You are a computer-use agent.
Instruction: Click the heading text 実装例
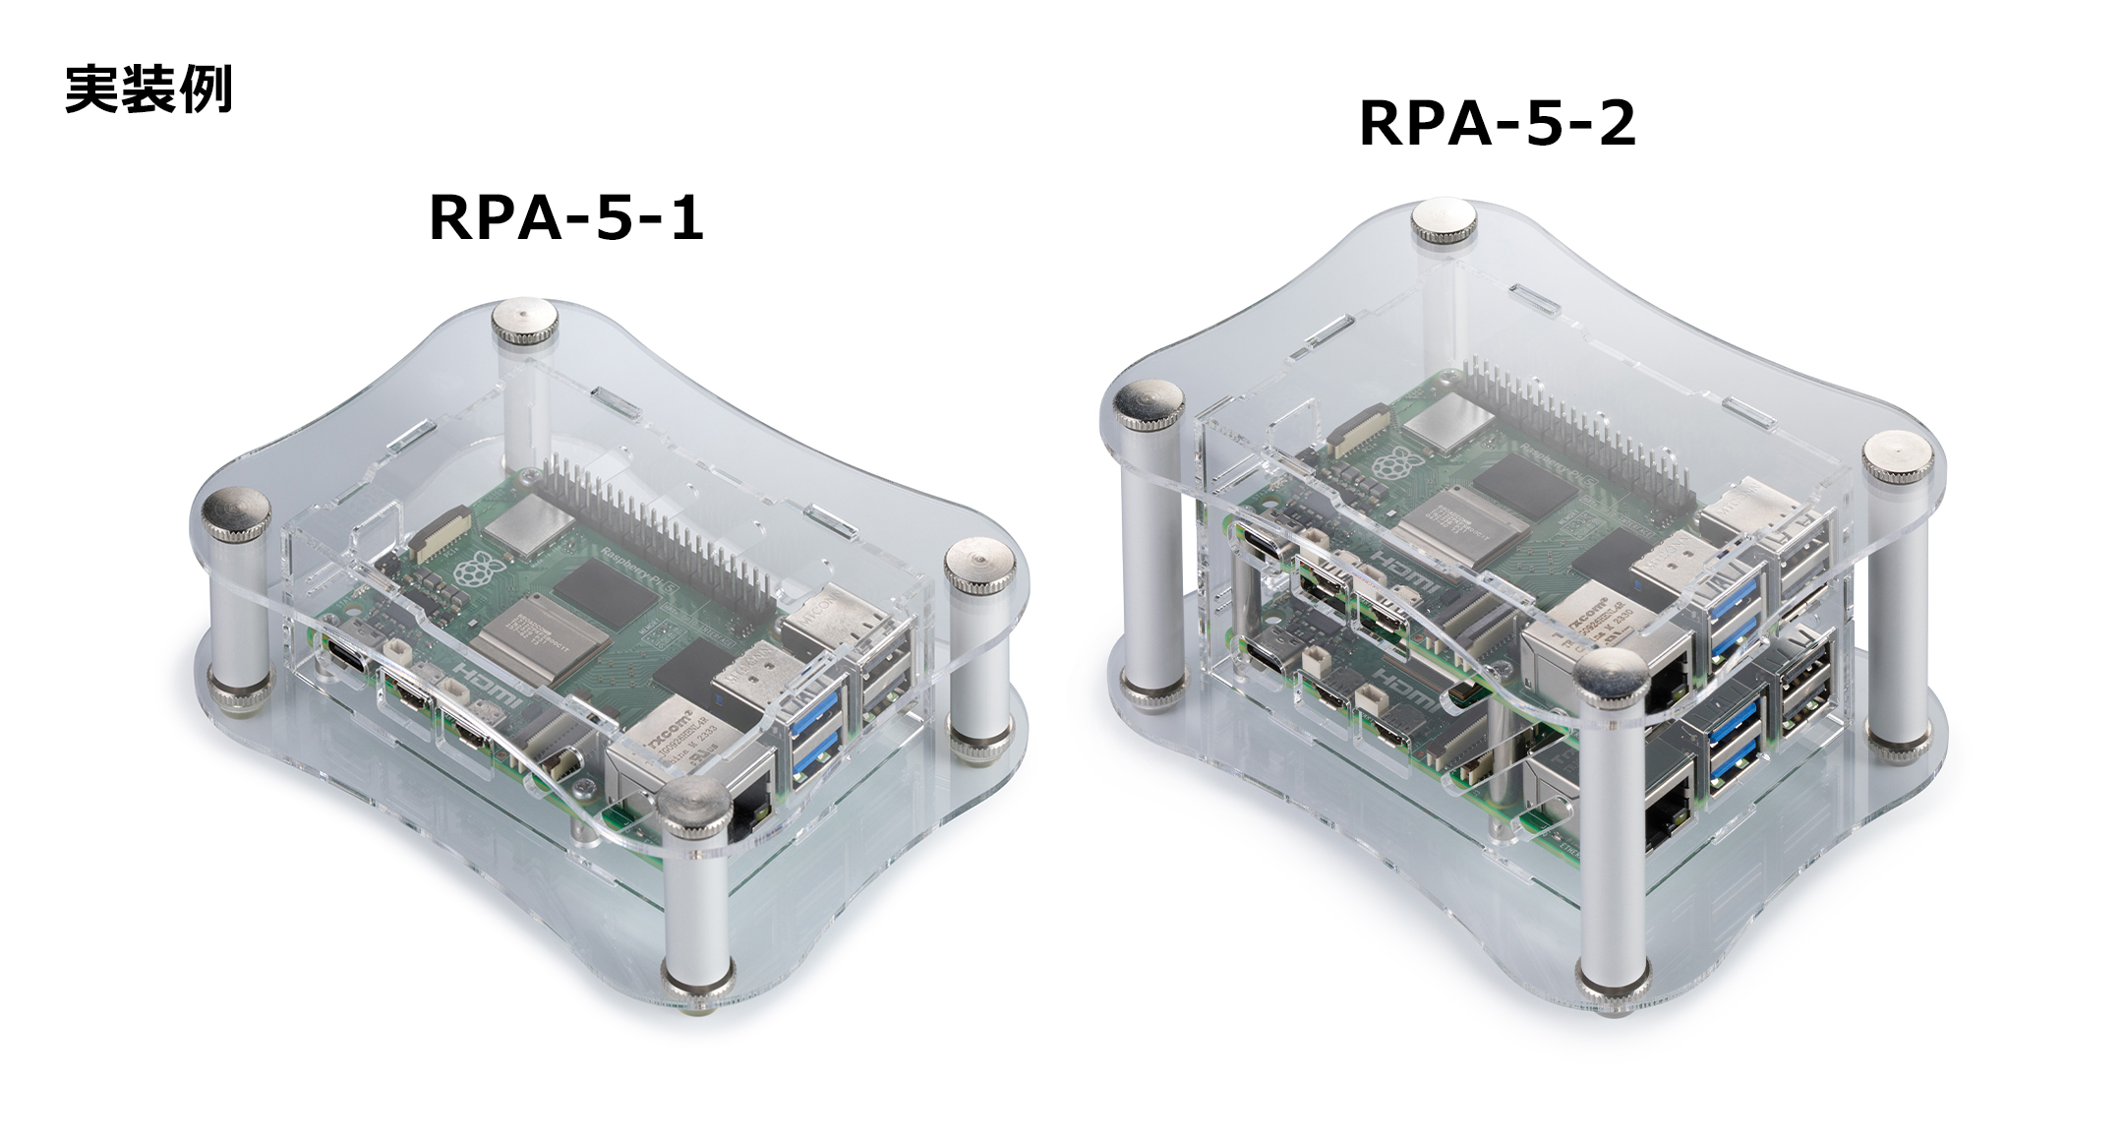(x=148, y=90)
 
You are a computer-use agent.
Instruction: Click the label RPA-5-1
(x=566, y=217)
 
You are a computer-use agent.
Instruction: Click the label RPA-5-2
(x=1497, y=124)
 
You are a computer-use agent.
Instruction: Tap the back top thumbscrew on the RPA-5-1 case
(x=522, y=321)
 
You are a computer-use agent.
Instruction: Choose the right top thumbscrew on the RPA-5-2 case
(x=1898, y=454)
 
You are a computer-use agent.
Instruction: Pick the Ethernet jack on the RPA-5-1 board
(x=747, y=802)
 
